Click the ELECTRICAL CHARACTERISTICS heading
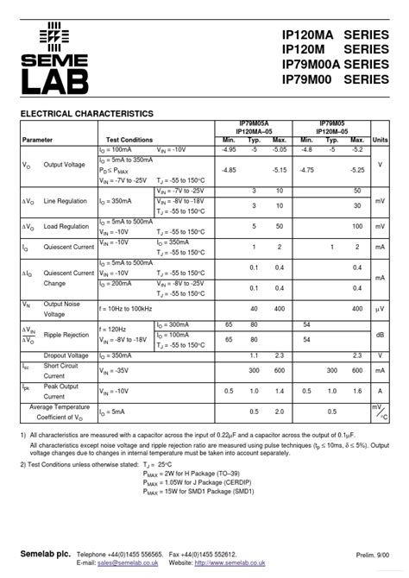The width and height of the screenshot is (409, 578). (87, 114)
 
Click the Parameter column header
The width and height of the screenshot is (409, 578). (37, 139)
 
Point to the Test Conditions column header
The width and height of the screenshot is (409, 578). (129, 139)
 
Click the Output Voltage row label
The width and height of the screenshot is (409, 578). (64, 164)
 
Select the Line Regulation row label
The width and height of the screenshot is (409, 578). (65, 200)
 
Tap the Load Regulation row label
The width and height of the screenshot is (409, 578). (66, 226)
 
